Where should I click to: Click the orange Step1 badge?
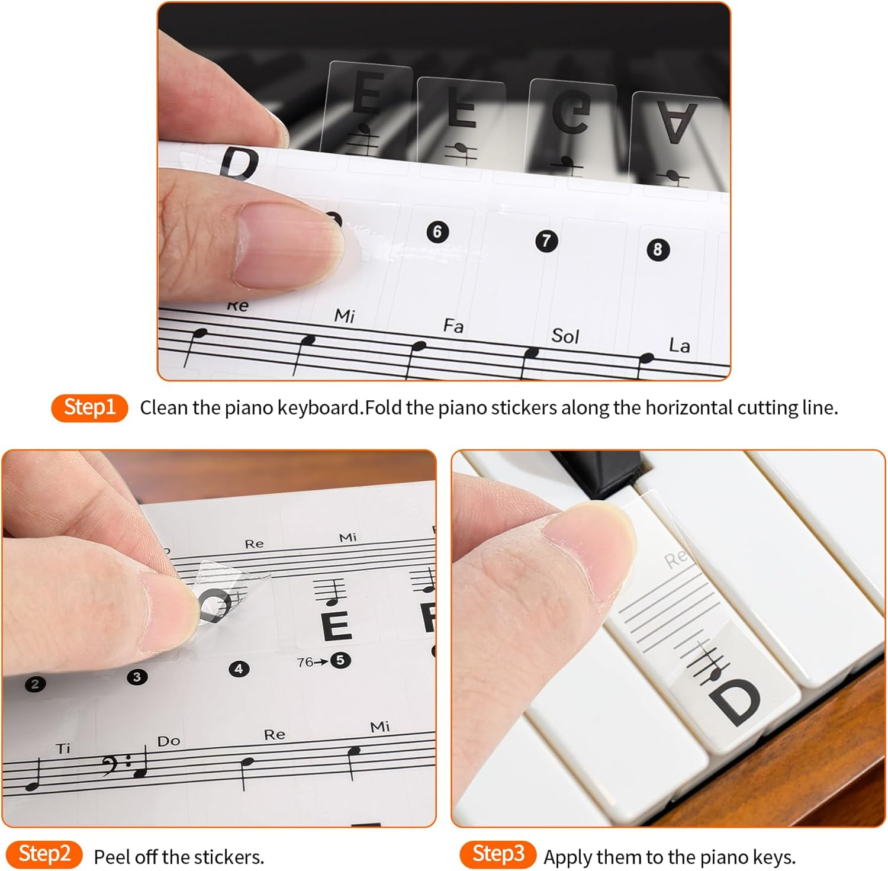point(89,407)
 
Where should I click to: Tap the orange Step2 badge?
point(44,854)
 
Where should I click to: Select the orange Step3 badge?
point(498,854)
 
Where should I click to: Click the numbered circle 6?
point(437,232)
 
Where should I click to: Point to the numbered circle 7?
point(546,240)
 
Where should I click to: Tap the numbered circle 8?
point(657,249)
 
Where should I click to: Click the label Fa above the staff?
point(453,326)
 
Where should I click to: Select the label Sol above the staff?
point(565,336)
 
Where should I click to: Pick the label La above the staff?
point(679,345)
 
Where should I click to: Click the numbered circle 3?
point(137,677)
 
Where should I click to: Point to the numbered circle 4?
point(239,669)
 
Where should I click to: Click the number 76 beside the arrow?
point(305,662)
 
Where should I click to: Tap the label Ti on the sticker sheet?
point(63,748)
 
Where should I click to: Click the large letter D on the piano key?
point(735,702)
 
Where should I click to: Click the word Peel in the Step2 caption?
point(112,857)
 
